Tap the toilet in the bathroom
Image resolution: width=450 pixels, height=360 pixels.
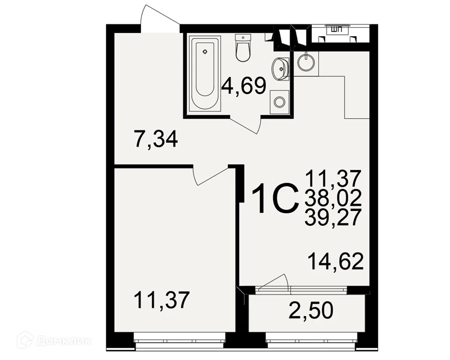point(243,48)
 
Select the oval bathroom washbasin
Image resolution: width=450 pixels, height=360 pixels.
point(279,68)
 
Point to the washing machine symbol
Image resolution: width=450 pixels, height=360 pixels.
point(279,101)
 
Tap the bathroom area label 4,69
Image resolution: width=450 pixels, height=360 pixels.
point(244,85)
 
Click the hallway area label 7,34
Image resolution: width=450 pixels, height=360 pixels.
point(156,139)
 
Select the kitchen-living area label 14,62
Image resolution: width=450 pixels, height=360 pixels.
point(336,261)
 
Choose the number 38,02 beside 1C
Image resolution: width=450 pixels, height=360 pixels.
point(333,198)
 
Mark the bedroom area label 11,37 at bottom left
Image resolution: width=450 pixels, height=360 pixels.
point(162,300)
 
